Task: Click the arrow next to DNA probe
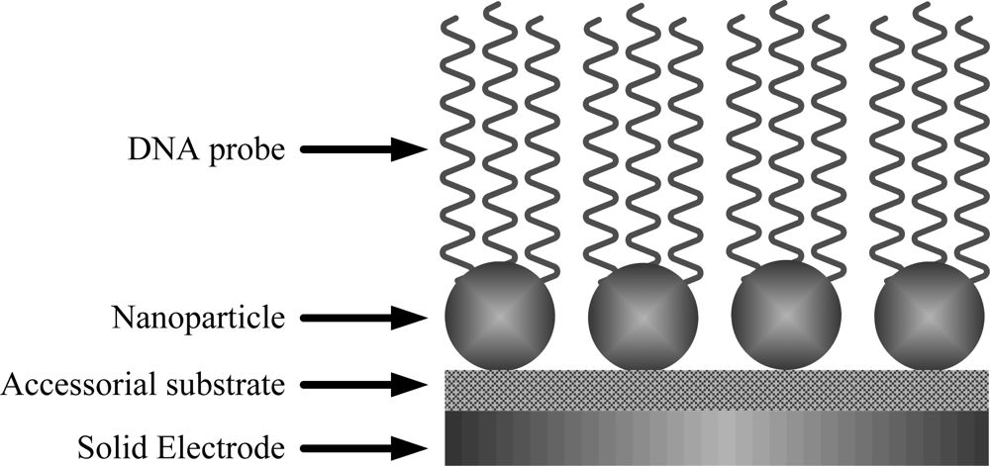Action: [x=362, y=150]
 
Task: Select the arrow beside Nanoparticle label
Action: [x=362, y=319]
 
